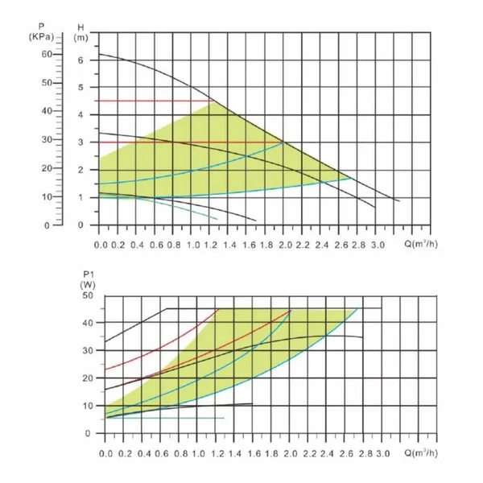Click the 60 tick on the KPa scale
(47, 54)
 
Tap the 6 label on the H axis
(80, 60)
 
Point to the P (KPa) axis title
(41, 31)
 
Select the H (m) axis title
(80, 33)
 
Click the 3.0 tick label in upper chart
(378, 245)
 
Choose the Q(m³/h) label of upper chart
(421, 244)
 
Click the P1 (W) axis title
(88, 280)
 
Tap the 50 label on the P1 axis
(88, 295)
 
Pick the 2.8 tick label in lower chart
(365, 454)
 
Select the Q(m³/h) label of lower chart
(421, 453)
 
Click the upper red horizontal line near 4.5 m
(156, 101)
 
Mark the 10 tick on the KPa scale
(47, 196)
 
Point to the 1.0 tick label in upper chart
(194, 245)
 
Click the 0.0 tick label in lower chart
(106, 454)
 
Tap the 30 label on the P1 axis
(88, 350)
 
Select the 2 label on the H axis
(80, 170)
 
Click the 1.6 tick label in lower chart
(254, 454)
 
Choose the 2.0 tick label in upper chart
(285, 245)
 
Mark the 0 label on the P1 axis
(88, 433)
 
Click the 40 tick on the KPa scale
(47, 111)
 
